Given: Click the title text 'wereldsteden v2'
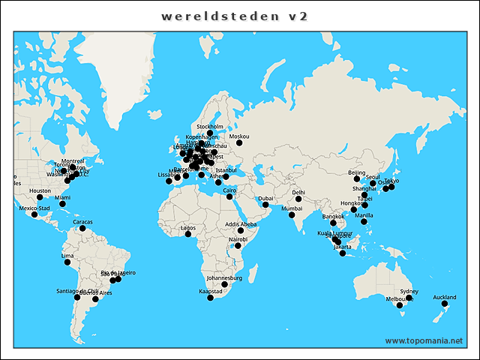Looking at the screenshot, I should pos(235,16).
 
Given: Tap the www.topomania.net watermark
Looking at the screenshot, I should pos(424,340).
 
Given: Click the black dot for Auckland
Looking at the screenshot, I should pos(445,304).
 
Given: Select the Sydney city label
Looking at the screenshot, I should pos(409,291).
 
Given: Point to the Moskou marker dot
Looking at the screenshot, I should pos(239,142).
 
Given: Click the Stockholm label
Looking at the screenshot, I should pos(210,127).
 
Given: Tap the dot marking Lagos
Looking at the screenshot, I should pos(188,234).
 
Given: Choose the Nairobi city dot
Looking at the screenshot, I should pos(238,245).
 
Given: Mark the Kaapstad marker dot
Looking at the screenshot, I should pos(210,298).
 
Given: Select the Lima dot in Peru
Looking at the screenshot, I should pos(66,262).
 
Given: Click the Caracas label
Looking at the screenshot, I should pos(82,222).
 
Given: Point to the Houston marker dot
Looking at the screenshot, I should pos(40,197).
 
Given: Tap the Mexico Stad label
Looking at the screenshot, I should pos(34,208).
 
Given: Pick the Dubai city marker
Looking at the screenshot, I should pos(265,205).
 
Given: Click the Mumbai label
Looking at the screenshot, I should pos(292,208).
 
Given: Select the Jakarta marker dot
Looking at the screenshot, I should pos(343,253).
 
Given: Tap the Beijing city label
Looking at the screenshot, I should pos(357,172).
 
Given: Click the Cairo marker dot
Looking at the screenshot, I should pos(229,196).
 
